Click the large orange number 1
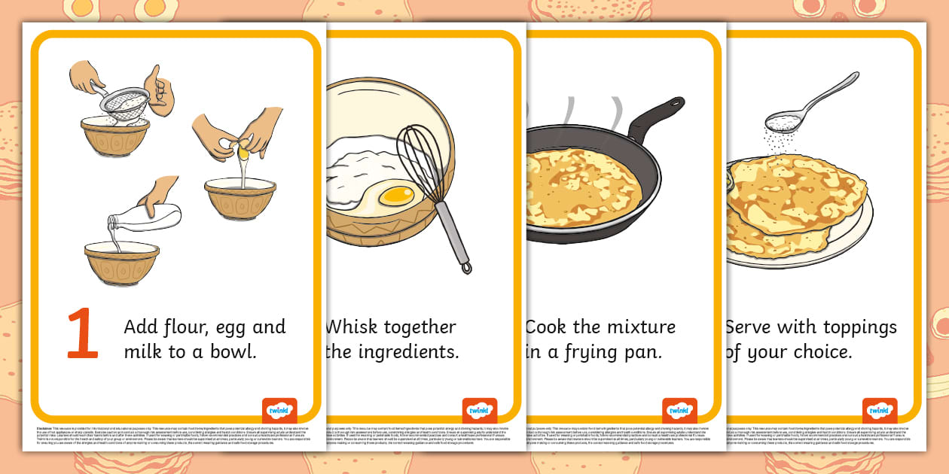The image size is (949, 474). pos(83,335)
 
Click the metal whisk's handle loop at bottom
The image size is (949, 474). pos(466,266)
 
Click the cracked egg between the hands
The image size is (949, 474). pos(243,149)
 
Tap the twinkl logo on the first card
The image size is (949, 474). pos(279,411)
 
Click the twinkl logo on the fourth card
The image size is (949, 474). pos(879,411)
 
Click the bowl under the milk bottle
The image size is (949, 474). pos(121,260)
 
